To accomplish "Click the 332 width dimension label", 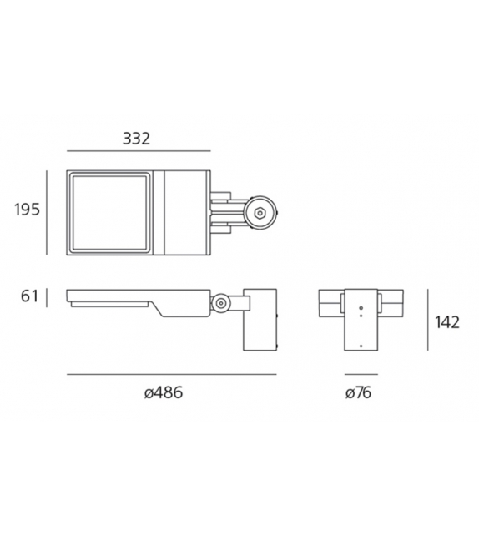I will [x=136, y=139].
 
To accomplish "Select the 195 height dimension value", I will [x=27, y=210].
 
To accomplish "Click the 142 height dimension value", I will [x=447, y=322].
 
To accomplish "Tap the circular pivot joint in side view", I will [x=221, y=305].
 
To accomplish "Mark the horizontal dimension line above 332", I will [x=136, y=151].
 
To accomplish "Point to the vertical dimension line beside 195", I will [x=48, y=212].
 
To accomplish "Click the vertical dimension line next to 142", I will [x=427, y=321].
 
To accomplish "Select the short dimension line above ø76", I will [x=361, y=374].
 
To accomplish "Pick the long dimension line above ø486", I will [x=170, y=374].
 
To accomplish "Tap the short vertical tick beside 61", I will [x=48, y=296].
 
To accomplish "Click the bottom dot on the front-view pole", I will [x=361, y=344].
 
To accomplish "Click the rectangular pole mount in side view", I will [x=257, y=320].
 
